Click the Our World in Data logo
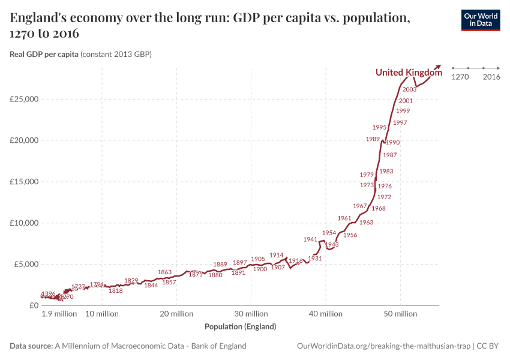pyautogui.click(x=480, y=20)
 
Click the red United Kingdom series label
pyautogui.click(x=409, y=73)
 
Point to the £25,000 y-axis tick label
pyautogui.click(x=25, y=99)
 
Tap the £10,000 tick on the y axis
pyautogui.click(x=25, y=223)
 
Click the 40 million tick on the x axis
pyautogui.click(x=326, y=314)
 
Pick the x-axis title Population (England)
pyautogui.click(x=240, y=327)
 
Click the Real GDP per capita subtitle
pyautogui.click(x=44, y=55)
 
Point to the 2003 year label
pyautogui.click(x=410, y=89)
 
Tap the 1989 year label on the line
pyautogui.click(x=373, y=139)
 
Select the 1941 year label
pyautogui.click(x=310, y=239)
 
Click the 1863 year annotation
pyautogui.click(x=165, y=272)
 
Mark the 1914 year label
pyautogui.click(x=277, y=255)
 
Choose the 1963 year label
pyautogui.click(x=366, y=223)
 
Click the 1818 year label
pyautogui.click(x=116, y=290)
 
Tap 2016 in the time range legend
pyautogui.click(x=491, y=77)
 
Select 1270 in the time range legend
pyautogui.click(x=460, y=77)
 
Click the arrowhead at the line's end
pyautogui.click(x=439, y=66)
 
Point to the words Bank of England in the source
pyautogui.click(x=218, y=346)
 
